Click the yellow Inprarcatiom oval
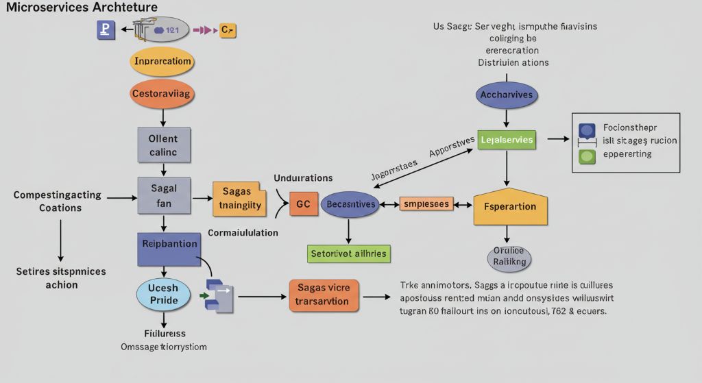(162, 62)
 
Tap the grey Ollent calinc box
(162, 145)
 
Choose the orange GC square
(304, 204)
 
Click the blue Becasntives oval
(350, 204)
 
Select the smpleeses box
(426, 204)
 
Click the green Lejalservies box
(506, 140)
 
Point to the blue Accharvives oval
(506, 95)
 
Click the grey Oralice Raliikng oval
(509, 256)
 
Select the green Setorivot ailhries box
(348, 254)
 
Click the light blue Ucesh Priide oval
(163, 294)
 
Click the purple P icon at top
(106, 30)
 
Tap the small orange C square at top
(228, 30)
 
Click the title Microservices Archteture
(82, 8)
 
